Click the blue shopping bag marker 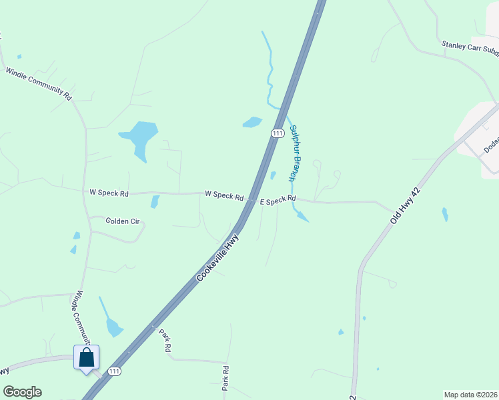pos(87,358)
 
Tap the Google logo pos(22,392)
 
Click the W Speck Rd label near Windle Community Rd pos(109,192)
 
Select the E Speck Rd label pos(278,199)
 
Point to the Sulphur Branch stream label pos(295,153)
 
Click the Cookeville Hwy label pos(218,257)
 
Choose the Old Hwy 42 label pos(406,205)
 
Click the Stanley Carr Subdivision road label pos(470,49)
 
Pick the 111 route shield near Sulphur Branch pos(278,133)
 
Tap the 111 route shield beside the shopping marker pos(114,371)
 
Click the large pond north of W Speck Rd pos(140,137)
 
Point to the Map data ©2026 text pos(470,395)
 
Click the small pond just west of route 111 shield pos(252,122)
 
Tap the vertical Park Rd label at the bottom pos(225,378)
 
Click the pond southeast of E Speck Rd pos(302,216)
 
